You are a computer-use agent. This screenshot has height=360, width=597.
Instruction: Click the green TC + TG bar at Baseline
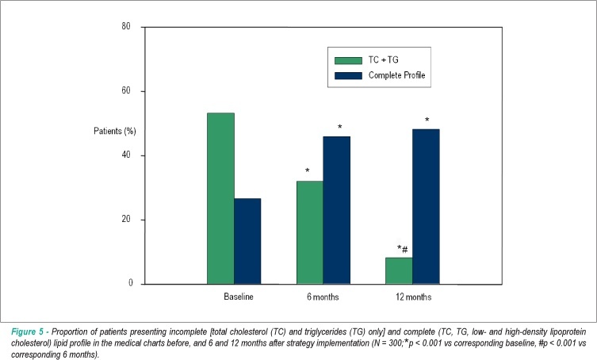click(220, 198)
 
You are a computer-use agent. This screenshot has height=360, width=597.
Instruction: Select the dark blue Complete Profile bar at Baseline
click(247, 241)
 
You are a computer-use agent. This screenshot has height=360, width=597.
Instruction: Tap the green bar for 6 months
click(310, 232)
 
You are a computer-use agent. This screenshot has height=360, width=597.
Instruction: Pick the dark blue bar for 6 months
click(337, 210)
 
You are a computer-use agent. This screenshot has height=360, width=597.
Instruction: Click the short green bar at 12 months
click(399, 271)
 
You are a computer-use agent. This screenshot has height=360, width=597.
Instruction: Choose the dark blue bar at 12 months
click(426, 206)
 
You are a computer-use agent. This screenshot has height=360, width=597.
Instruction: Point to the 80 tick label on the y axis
click(126, 26)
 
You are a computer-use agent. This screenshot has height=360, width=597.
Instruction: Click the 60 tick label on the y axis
click(126, 90)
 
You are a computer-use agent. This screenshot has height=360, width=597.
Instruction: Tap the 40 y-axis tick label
click(126, 155)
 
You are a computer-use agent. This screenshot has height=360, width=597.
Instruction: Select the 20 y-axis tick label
click(126, 220)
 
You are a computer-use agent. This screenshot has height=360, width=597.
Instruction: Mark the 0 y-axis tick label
click(131, 282)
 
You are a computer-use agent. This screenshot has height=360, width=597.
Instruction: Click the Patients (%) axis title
click(115, 132)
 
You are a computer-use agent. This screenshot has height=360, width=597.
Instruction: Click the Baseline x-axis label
click(239, 297)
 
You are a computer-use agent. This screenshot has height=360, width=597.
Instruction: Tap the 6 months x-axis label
click(323, 297)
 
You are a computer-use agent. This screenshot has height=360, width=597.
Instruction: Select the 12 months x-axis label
click(414, 297)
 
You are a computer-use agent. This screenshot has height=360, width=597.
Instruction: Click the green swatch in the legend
click(348, 60)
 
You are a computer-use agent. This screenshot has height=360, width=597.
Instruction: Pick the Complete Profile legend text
click(396, 75)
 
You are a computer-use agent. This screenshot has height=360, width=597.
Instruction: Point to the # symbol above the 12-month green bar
click(404, 251)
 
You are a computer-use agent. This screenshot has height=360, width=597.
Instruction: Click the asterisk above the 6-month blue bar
click(339, 127)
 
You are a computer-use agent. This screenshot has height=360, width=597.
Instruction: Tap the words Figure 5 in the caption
click(28, 331)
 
